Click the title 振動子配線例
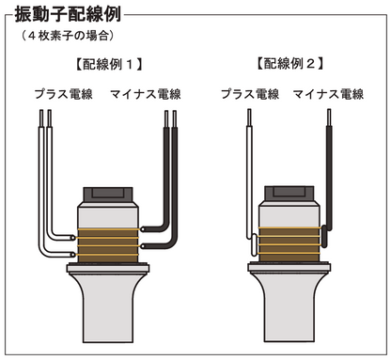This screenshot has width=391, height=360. click(71, 16)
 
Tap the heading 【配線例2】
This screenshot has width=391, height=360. click(289, 66)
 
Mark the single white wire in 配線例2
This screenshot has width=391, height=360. click(251, 169)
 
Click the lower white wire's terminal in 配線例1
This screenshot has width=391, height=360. click(74, 254)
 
